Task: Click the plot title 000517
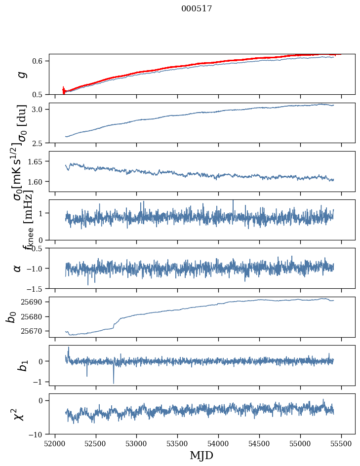point(197,8)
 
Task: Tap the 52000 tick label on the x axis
point(55,443)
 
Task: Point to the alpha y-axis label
point(18,268)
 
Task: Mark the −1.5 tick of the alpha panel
point(36,288)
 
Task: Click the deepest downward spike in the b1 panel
point(114,383)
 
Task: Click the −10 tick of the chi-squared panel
point(38,434)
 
